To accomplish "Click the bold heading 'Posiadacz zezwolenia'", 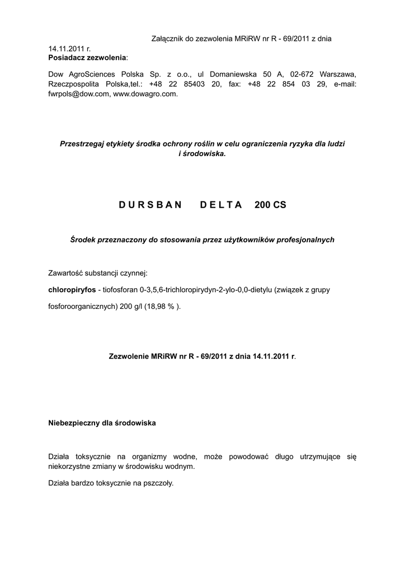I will pos(87,58).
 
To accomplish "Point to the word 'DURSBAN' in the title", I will pos(150,205).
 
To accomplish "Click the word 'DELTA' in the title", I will pos(221,205).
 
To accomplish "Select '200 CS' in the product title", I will pos(270,205).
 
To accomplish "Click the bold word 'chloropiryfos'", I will pos(72,290).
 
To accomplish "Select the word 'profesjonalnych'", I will pos(306,239).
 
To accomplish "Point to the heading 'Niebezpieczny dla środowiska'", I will pos(102,423).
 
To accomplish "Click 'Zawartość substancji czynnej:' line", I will pos(98,273).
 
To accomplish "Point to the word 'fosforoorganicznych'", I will pos(83,306).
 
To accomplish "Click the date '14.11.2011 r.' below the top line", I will pos(69,49).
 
